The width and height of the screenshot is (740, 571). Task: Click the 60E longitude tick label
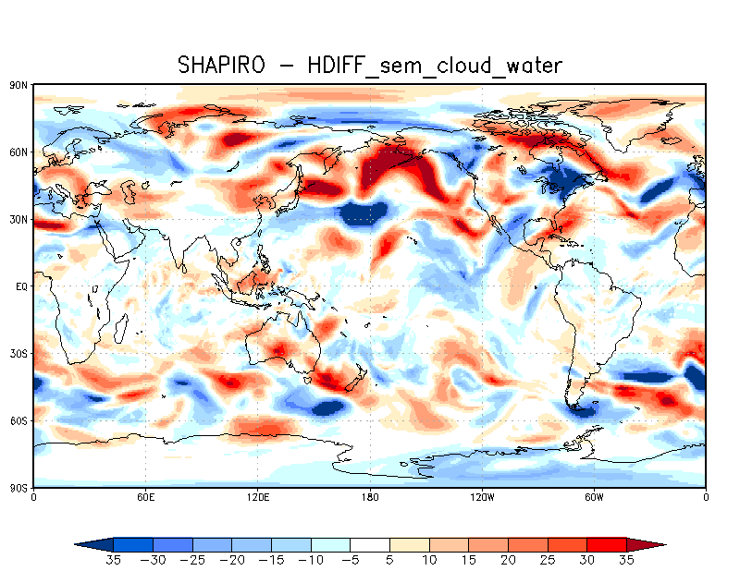click(145, 497)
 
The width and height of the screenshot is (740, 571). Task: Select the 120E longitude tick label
click(257, 497)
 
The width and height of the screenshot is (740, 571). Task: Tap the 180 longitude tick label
click(370, 497)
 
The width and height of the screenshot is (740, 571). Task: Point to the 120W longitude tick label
click(482, 497)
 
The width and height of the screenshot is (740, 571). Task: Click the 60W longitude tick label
click(594, 497)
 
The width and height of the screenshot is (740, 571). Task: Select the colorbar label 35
click(627, 559)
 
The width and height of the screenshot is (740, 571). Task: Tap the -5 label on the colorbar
click(350, 559)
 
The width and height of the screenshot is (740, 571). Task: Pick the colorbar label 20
click(509, 559)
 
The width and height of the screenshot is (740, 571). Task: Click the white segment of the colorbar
click(370, 544)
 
